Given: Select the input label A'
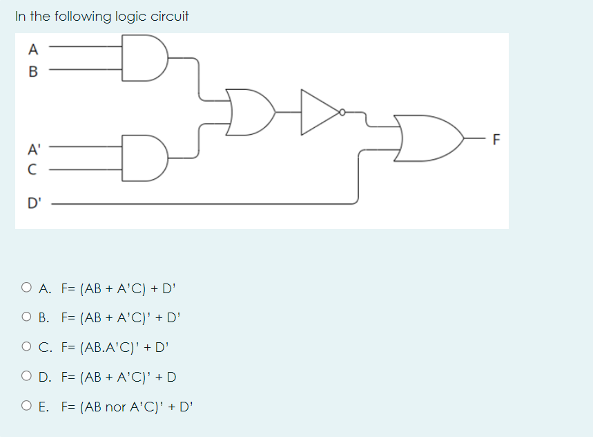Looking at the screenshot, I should click(x=32, y=147).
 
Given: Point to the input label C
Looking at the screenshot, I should click(x=32, y=168).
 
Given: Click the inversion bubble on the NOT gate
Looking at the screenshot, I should click(x=340, y=111).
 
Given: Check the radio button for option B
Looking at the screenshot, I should click(x=26, y=317).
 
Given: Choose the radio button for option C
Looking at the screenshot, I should click(x=26, y=347).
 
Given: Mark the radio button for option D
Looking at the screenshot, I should click(x=26, y=377).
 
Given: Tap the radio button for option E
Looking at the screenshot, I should click(x=26, y=407).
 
